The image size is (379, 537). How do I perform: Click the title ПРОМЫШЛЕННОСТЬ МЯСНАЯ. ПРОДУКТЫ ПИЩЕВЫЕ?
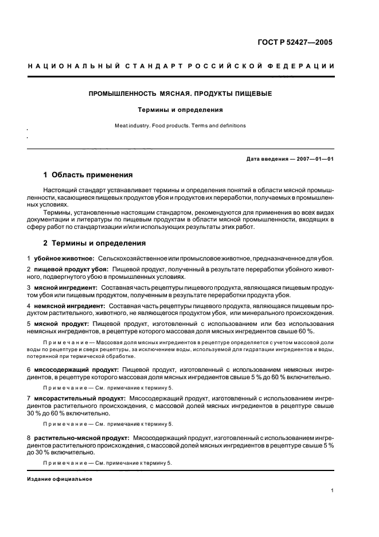point(180,93)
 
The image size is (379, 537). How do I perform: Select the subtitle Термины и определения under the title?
point(179,109)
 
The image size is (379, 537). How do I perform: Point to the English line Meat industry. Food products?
point(179,125)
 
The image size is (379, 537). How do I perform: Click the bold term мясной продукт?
point(60,324)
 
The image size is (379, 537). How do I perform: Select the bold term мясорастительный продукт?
point(80,397)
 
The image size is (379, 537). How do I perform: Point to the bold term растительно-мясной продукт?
point(82,437)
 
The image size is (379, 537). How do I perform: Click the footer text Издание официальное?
point(56,478)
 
